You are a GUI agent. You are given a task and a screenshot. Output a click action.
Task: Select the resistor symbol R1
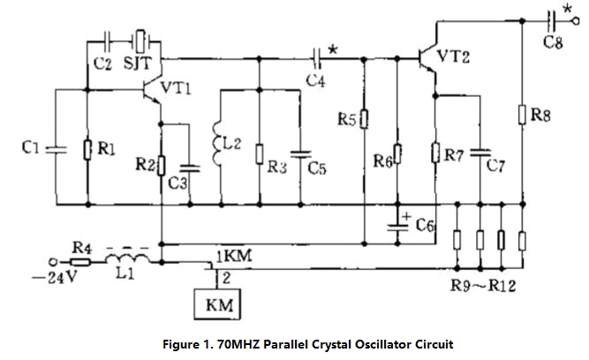88,149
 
